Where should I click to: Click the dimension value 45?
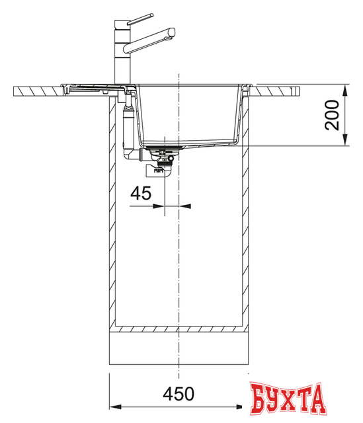(x=141, y=193)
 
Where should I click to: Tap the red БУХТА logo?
(x=288, y=399)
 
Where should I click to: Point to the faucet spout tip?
(x=173, y=31)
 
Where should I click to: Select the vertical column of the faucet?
(x=123, y=53)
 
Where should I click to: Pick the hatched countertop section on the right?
(x=278, y=89)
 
